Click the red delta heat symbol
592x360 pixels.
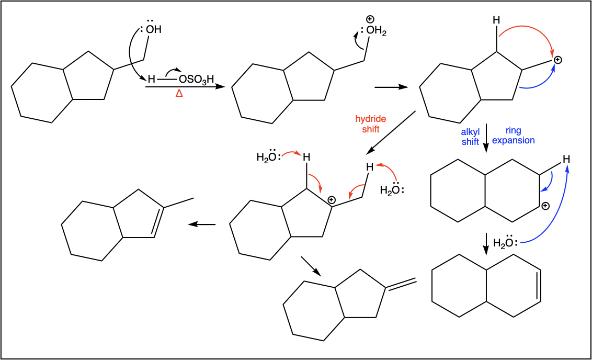pyautogui.click(x=179, y=93)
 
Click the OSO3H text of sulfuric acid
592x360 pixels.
pyautogui.click(x=196, y=80)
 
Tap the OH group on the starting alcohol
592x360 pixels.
pyautogui.click(x=153, y=29)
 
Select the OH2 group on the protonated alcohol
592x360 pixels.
pyautogui.click(x=376, y=30)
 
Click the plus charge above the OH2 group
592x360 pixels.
pyautogui.click(x=370, y=19)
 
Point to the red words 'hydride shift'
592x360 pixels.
pyautogui.click(x=370, y=124)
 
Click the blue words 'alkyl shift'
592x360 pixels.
pyautogui.click(x=470, y=137)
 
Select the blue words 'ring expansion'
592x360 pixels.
pyautogui.click(x=514, y=135)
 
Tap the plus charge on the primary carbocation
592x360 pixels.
pyautogui.click(x=557, y=60)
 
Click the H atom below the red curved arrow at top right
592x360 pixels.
pyautogui.click(x=496, y=20)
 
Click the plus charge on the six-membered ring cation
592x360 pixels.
pyautogui.click(x=545, y=206)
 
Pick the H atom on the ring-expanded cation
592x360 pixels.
pyautogui.click(x=566, y=160)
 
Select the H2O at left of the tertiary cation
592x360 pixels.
pyautogui.click(x=268, y=156)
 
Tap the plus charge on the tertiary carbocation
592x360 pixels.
pyautogui.click(x=331, y=200)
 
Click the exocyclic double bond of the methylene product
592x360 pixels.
pyautogui.click(x=401, y=285)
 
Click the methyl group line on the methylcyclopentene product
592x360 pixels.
pyautogui.click(x=178, y=203)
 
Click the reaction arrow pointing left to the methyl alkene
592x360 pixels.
pyautogui.click(x=202, y=225)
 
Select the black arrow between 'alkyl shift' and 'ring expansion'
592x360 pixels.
pyautogui.click(x=486, y=138)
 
